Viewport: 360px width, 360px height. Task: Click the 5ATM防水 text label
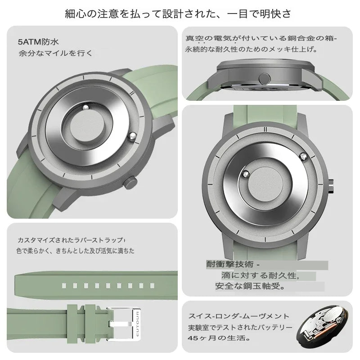pos(38,43)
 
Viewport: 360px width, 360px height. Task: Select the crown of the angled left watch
pos(130,184)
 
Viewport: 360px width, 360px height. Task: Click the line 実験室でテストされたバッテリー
pos(241,327)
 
